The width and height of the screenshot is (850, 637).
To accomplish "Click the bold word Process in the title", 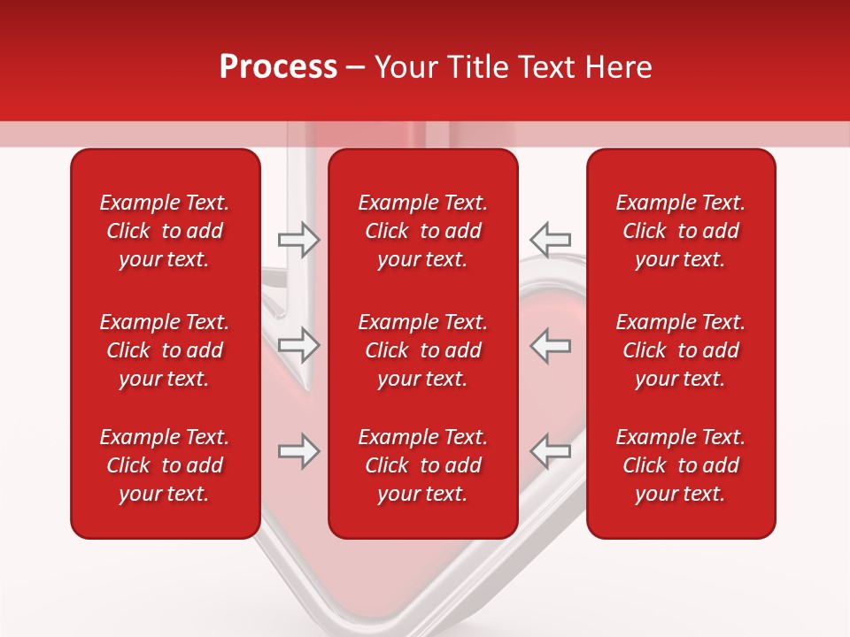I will point(278,67).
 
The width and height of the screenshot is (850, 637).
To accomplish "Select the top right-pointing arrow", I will point(298,240).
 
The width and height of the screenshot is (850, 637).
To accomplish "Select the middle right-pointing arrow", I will point(298,345).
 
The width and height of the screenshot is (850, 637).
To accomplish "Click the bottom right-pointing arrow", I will point(298,451).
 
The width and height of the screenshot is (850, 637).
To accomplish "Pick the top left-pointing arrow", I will point(551,239).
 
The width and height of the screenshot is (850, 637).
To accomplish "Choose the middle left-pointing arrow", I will point(551,345).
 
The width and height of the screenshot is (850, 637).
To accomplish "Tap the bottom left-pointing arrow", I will point(551,450).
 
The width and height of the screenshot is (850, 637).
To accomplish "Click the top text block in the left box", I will point(165,231).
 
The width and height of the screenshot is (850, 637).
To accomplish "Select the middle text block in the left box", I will point(165,350).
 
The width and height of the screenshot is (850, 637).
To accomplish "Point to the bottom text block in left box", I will point(165,465).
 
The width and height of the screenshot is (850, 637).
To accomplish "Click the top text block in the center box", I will point(423,231).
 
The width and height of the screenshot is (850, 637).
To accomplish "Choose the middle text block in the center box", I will point(423,350).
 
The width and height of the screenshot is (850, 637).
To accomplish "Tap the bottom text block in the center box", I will point(423,465).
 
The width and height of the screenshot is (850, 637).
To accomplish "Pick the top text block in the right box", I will point(681,231).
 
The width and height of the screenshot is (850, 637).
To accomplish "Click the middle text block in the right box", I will point(681,350).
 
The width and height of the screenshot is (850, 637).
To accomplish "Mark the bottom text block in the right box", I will point(681,465).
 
